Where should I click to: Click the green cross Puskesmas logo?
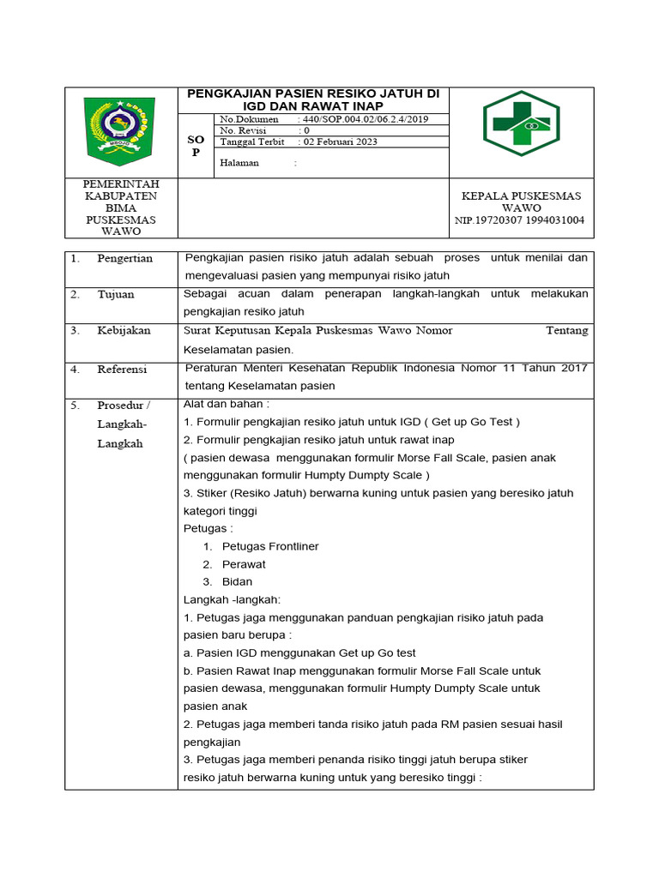521,123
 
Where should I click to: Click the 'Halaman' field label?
239,163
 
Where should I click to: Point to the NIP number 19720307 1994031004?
520,220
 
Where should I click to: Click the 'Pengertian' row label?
124,258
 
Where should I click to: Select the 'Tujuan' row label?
115,294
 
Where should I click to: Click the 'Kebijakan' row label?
124,330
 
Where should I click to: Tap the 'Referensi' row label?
122,369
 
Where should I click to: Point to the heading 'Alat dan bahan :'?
227,404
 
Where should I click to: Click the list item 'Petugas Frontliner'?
270,546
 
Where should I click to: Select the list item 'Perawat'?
244,564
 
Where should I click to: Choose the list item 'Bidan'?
237,581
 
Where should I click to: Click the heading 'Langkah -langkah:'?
232,599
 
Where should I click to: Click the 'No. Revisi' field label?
244,130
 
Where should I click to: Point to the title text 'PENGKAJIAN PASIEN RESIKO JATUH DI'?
312,93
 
